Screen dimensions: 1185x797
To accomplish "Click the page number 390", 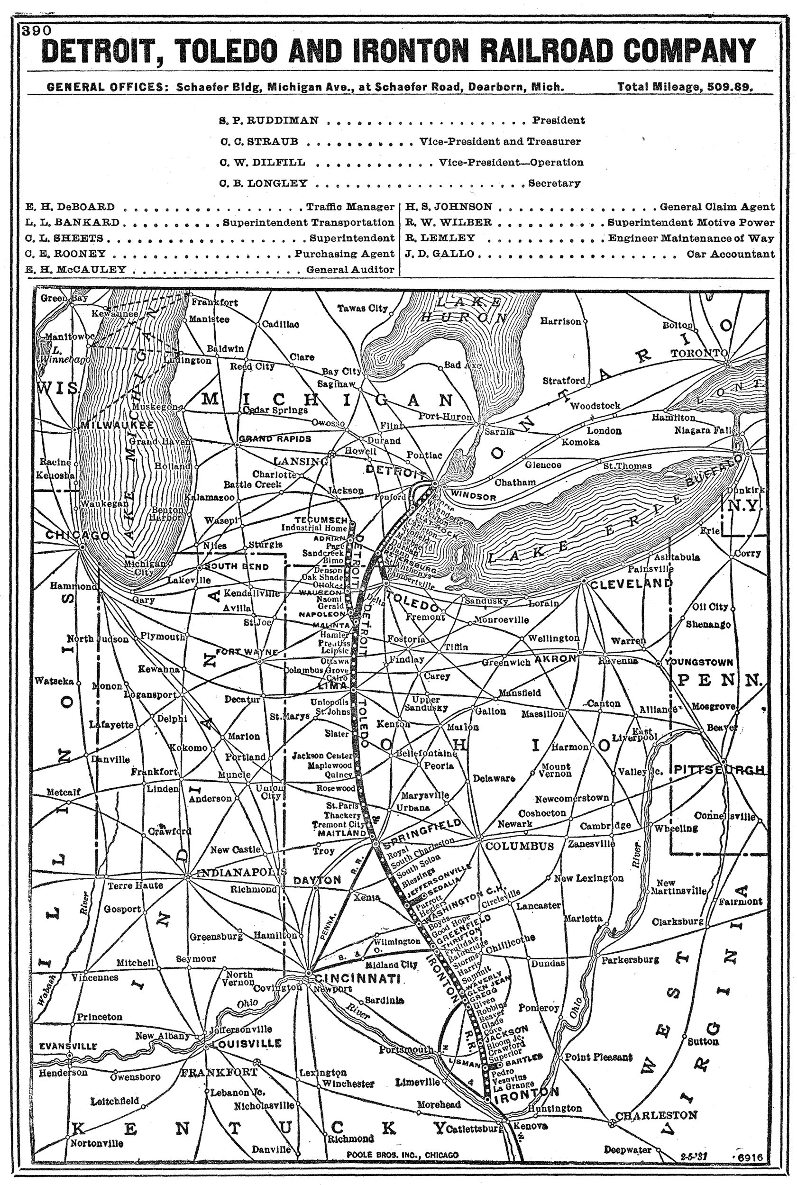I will click(x=37, y=31).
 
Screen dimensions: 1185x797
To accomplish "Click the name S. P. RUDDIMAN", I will click(x=269, y=120).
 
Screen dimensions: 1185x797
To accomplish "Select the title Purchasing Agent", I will click(x=344, y=254).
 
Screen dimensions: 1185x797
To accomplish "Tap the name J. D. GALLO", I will click(x=440, y=254).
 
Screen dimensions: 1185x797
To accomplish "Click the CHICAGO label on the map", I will click(x=77, y=535).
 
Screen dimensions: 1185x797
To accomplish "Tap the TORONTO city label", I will click(x=698, y=353).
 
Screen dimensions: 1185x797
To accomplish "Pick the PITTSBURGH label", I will click(x=719, y=770).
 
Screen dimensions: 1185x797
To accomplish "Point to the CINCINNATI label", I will click(x=358, y=979).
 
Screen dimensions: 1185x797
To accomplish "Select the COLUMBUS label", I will click(x=519, y=846).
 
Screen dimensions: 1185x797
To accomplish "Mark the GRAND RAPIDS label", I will click(x=275, y=438).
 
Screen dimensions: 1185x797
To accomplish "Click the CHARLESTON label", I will click(x=656, y=1115).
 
